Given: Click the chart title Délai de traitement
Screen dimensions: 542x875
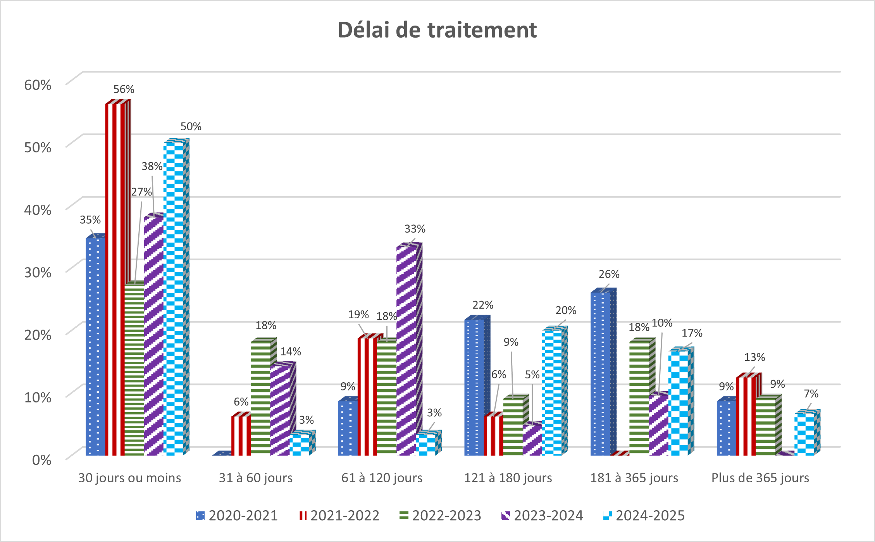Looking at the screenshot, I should pos(437,30).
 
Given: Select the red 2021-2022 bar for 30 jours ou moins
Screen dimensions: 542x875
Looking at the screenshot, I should pos(115,279).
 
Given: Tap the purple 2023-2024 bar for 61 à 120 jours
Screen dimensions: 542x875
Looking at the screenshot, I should pos(406,349).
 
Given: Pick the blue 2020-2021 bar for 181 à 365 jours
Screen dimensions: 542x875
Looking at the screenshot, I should pos(600,372).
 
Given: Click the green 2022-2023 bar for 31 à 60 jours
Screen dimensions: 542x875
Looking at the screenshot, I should pos(260,397).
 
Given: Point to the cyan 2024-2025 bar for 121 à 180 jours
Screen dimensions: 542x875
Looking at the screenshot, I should pos(552,392).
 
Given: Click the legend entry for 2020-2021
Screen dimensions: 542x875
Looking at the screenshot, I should pos(237,516).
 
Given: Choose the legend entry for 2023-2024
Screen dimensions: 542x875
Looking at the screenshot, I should pos(542,516).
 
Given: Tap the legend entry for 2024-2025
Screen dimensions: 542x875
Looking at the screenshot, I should pos(644,516).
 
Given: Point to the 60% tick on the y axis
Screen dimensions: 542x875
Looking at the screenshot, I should pos(38,85).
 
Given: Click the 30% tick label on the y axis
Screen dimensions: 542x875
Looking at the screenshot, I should pos(38,272).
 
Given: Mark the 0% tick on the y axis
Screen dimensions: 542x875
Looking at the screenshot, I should pos(42,460).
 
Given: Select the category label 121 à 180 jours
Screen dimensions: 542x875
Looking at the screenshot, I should pos(508,478).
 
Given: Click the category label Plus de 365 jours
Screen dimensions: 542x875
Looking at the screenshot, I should pos(760,478).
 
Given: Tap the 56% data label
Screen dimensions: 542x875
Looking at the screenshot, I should pos(124,89).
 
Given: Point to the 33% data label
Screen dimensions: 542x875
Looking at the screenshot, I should pos(415,229).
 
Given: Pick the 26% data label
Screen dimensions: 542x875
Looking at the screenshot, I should pos(609,274).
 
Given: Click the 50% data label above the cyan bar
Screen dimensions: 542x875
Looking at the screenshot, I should pos(191,126).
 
